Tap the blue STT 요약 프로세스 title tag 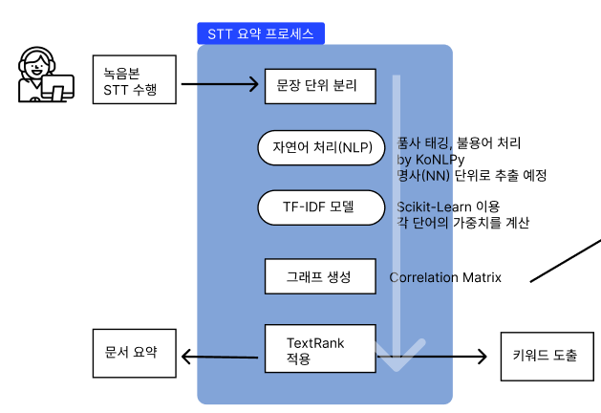260,33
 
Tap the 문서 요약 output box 136,354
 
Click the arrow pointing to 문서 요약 220,358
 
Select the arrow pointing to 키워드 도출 440,358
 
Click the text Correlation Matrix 445,278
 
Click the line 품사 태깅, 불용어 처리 459,143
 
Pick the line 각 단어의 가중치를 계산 462,223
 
